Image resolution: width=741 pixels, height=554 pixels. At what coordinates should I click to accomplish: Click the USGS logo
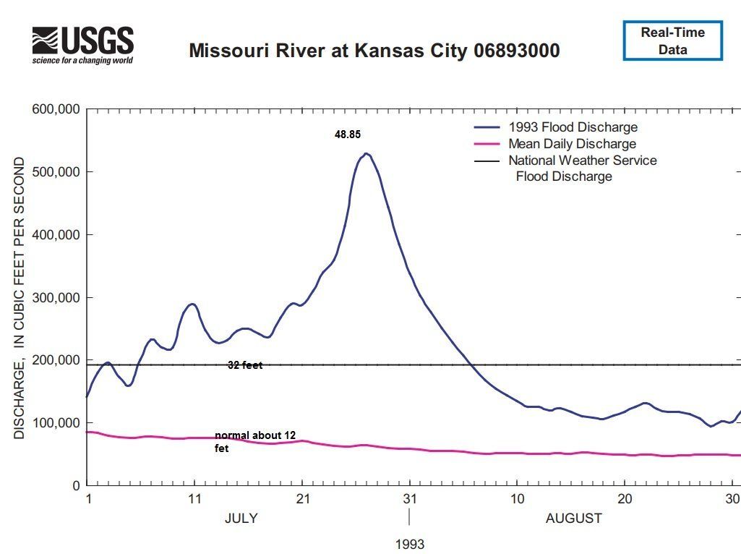tap(82, 45)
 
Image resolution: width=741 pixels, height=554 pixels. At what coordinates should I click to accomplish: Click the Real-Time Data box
tap(672, 41)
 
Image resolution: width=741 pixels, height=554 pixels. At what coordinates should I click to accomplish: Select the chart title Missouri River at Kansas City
tap(374, 51)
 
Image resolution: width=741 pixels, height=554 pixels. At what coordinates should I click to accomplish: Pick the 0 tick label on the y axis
tap(75, 486)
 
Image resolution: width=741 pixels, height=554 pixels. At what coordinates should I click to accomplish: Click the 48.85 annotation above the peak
tap(347, 135)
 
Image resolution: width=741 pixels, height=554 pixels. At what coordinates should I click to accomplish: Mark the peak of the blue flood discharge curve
tap(367, 154)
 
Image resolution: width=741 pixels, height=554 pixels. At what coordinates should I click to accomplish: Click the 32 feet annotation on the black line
tap(245, 366)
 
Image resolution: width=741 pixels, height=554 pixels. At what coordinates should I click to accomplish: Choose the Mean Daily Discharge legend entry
tap(572, 144)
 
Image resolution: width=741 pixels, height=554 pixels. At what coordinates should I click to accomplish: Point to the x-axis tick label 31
tap(410, 499)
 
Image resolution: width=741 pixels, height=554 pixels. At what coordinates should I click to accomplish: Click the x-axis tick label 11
tap(194, 499)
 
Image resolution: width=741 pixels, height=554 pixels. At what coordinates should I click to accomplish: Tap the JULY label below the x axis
tap(241, 519)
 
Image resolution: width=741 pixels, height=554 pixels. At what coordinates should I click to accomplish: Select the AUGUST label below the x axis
tap(573, 519)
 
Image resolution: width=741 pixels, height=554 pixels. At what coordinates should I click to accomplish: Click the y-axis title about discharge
tap(20, 297)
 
